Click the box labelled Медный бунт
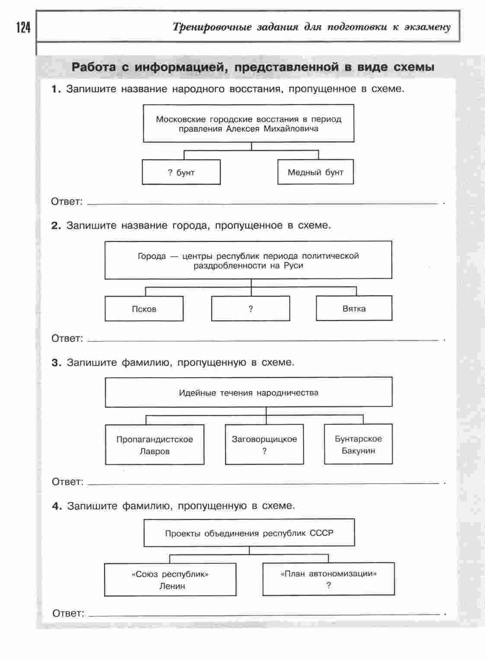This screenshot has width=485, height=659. [315, 172]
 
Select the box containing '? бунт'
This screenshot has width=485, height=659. [181, 172]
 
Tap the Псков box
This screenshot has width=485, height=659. [144, 309]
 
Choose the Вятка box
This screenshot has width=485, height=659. [354, 309]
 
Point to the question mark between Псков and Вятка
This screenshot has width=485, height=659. [251, 309]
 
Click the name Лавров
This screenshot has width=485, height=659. [154, 451]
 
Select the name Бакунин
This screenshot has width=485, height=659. [358, 451]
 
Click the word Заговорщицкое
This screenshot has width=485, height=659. [264, 439]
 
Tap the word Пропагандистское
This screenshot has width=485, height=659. [154, 439]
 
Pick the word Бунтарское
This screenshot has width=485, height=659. [358, 439]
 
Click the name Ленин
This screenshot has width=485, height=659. [172, 586]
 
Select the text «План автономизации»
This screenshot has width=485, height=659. [329, 574]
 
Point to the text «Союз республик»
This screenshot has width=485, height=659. [170, 574]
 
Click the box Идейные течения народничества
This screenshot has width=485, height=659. [249, 392]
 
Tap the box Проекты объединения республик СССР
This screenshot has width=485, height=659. [249, 533]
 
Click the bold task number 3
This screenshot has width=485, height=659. [56, 363]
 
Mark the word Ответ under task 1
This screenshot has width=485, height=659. [67, 201]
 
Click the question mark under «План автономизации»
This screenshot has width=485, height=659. [329, 586]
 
